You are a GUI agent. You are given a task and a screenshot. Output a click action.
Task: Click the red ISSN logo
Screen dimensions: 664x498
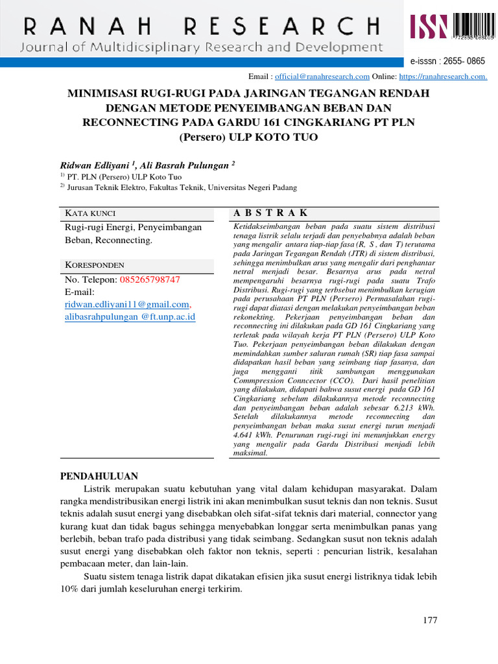coord(429,28)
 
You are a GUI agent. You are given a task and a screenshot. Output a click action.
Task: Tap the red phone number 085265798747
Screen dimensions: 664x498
coord(150,279)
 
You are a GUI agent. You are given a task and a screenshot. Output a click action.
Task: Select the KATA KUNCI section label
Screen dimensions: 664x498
coord(91,213)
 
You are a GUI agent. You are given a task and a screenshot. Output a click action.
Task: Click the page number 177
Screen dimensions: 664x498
coord(430,620)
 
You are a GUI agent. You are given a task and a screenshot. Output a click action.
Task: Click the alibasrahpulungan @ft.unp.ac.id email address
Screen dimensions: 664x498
coord(130,316)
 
